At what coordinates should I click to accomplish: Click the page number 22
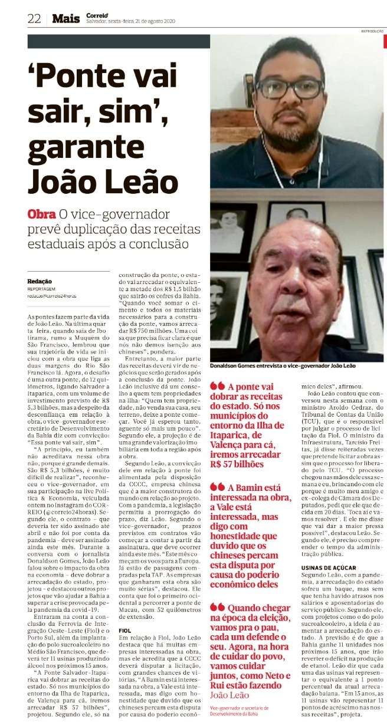[x=33, y=18]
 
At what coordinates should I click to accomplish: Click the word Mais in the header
[x=65, y=18]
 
